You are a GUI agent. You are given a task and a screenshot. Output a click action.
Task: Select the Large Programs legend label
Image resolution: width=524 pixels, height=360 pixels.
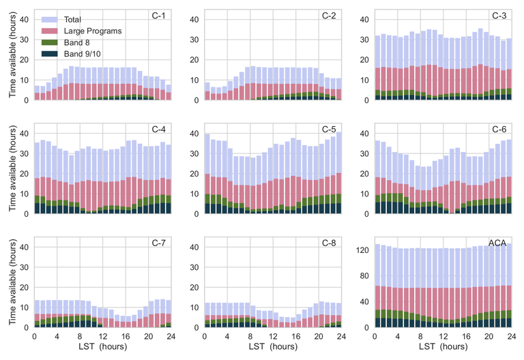coord(93,31)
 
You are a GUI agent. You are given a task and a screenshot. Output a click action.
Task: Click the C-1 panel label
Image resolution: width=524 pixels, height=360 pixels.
coord(160,16)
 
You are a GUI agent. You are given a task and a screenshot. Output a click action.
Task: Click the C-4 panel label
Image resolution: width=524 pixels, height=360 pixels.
coord(160,130)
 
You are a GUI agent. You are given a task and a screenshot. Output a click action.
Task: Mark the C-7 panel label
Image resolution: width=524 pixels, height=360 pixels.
coord(160,243)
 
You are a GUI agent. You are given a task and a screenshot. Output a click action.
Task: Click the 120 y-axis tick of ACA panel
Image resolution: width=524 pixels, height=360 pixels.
coord(362,250)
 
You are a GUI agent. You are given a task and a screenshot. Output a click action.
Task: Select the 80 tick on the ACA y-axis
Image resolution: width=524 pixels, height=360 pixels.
coord(364,276)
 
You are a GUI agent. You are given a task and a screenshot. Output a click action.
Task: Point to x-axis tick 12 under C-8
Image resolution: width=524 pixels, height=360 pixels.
coord(272,337)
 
